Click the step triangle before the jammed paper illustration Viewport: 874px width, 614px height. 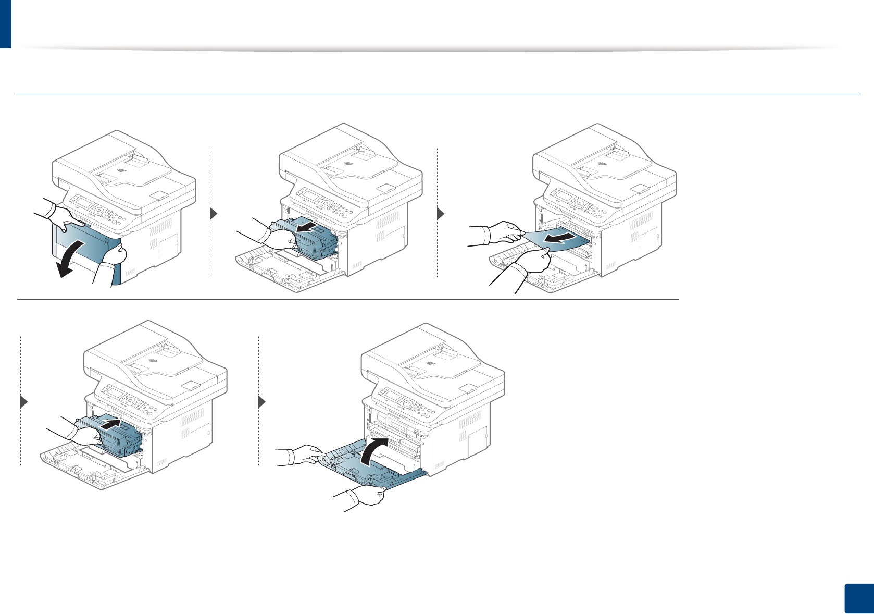(x=440, y=214)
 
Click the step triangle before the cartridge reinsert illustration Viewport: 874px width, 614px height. (x=23, y=402)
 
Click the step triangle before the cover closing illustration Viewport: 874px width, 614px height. (x=262, y=402)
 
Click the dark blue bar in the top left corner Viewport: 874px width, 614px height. (x=5, y=23)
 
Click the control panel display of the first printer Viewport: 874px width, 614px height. (x=78, y=201)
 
